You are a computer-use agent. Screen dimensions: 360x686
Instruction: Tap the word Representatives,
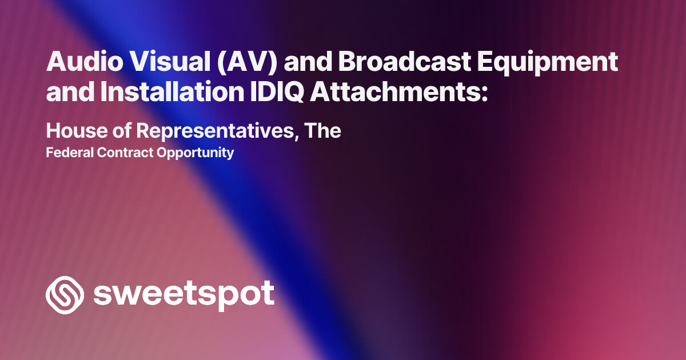[218, 131]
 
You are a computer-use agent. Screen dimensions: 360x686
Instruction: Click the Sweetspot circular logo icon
[65, 295]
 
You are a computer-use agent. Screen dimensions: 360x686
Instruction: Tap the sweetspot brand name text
[184, 295]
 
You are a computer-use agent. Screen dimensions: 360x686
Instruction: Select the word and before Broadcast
[308, 62]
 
